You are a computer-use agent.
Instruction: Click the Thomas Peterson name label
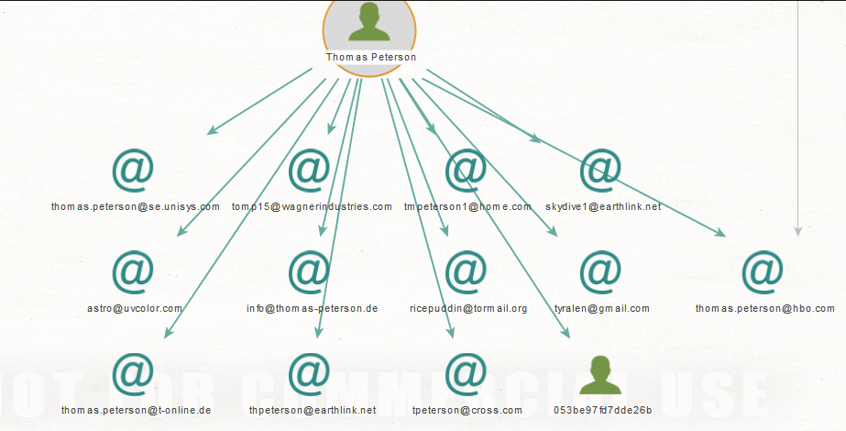(370, 57)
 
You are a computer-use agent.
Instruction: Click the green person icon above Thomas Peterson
(369, 22)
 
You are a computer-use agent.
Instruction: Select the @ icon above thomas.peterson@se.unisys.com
(134, 170)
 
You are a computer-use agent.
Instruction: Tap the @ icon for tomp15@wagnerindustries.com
(310, 170)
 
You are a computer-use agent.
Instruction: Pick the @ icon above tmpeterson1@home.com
(467, 170)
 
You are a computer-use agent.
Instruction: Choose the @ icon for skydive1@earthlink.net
(601, 170)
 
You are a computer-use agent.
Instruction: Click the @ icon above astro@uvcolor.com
(134, 271)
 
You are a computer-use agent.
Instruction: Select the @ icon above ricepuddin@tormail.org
(467, 271)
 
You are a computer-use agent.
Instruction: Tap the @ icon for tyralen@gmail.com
(601, 271)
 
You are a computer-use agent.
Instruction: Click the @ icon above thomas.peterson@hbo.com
(764, 271)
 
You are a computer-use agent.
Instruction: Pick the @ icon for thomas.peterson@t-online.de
(134, 373)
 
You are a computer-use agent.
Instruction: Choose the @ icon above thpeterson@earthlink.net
(310, 373)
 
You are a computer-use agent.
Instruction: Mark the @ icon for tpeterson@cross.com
(467, 373)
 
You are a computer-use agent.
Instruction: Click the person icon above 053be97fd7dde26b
(600, 374)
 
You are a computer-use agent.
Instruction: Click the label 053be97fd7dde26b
(602, 410)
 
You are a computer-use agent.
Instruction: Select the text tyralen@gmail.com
(602, 309)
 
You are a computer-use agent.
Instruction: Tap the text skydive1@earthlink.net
(602, 207)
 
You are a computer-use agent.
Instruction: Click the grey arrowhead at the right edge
(797, 232)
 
